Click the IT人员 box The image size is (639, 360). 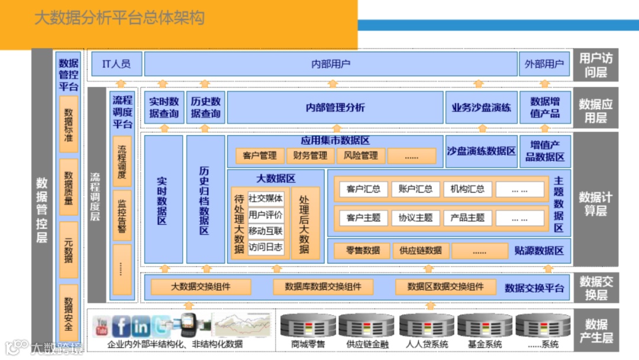coord(117,64)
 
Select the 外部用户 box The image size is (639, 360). coord(544,64)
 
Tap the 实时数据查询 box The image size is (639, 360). coord(163,107)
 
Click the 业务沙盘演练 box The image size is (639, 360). coord(481,108)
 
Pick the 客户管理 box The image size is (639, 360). coord(259,156)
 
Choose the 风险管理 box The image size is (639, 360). coord(361,156)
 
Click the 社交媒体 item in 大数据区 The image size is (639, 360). coord(266,198)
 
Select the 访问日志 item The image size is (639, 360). coord(266,247)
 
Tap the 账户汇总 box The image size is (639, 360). coord(415,189)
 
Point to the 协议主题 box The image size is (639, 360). coord(415,217)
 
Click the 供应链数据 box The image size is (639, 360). coord(421,250)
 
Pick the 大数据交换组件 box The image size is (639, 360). coord(201,287)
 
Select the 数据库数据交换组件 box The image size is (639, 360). coord(323,287)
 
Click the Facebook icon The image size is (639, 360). coord(121,326)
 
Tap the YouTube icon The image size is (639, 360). coord(102,325)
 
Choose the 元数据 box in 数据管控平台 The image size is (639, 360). coord(69,249)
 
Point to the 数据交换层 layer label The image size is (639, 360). coord(596,288)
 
